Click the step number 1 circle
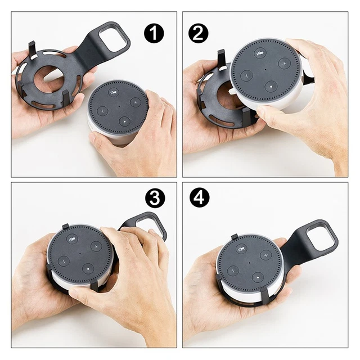click(x=153, y=33)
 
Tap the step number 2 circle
click(x=198, y=33)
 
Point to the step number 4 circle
click(x=200, y=197)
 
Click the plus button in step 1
click(x=135, y=102)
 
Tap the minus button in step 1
click(x=102, y=111)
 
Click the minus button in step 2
click(x=246, y=75)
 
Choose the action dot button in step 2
click(x=271, y=87)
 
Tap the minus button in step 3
click(x=63, y=261)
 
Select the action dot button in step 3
click(x=87, y=268)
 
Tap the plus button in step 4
click(x=265, y=255)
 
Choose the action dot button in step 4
click(x=257, y=277)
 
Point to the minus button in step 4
click(x=233, y=270)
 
